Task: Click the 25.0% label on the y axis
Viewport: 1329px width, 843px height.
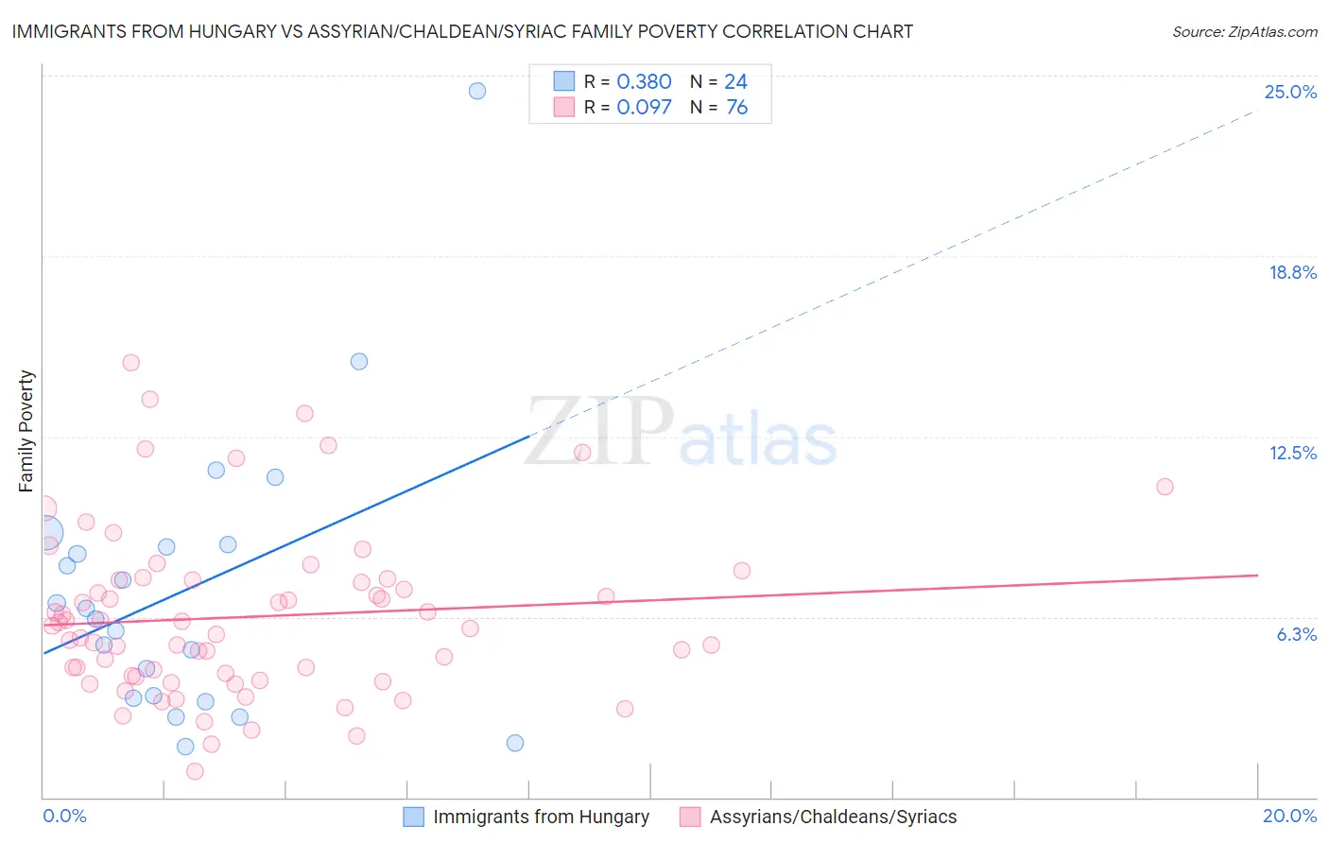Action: tap(1290, 92)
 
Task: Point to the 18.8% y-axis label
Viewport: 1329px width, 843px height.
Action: tap(1292, 272)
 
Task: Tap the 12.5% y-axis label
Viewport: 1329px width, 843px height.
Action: tap(1292, 453)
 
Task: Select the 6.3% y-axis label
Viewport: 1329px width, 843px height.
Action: tap(1296, 634)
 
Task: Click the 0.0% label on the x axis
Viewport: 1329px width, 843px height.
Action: tap(64, 816)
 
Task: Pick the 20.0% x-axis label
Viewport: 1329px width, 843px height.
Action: tap(1289, 816)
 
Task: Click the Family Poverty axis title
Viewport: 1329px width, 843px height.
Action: tap(26, 431)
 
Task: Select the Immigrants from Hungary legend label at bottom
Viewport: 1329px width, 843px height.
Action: tap(541, 817)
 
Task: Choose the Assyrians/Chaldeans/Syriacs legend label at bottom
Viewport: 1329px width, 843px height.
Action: tap(833, 817)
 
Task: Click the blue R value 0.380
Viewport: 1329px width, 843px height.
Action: tap(644, 82)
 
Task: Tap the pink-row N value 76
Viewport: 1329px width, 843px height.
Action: tap(736, 108)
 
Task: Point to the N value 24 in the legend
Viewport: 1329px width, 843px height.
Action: tap(735, 82)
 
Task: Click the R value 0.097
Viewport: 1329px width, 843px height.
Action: tap(644, 108)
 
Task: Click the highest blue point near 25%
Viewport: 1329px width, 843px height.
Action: tap(477, 91)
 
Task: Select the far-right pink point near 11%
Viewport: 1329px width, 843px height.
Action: tap(1165, 487)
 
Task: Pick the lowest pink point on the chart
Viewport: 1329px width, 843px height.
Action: tap(195, 771)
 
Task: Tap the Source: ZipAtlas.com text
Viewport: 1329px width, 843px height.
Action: tap(1244, 32)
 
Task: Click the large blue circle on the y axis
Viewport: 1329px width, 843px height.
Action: tap(44, 534)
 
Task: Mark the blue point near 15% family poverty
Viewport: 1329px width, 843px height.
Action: tap(359, 361)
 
